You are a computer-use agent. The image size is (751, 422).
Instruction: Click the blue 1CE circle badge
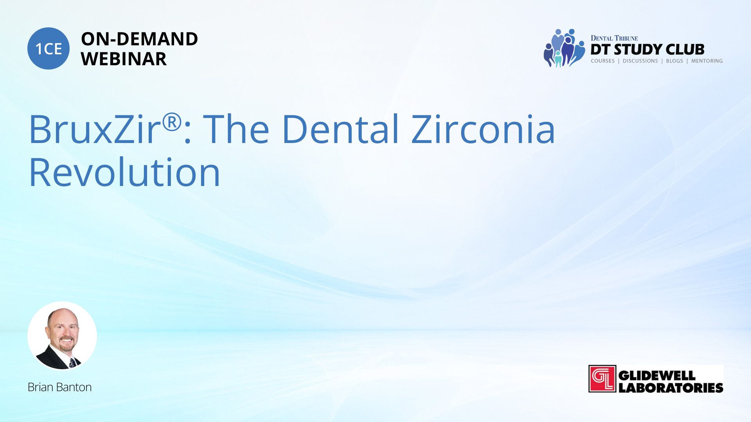[49, 48]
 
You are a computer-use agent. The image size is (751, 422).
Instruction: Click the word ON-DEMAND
[139, 39]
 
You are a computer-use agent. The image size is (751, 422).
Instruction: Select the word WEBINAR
[124, 59]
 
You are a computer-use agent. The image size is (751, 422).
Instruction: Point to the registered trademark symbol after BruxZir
[172, 122]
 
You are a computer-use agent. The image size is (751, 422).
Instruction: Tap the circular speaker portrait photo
[62, 336]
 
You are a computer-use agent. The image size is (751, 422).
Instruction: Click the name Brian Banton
[59, 387]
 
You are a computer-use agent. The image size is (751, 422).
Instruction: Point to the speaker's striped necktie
[72, 363]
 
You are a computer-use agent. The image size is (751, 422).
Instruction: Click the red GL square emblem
[602, 379]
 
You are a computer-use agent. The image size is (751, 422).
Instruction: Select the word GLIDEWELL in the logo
[657, 376]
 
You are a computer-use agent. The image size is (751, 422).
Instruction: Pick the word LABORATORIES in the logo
[671, 388]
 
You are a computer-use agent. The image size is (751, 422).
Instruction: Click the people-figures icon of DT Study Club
[564, 48]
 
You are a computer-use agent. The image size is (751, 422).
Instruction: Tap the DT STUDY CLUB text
[647, 50]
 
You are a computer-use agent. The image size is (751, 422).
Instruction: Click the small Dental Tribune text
[614, 38]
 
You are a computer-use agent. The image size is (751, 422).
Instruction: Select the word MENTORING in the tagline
[707, 61]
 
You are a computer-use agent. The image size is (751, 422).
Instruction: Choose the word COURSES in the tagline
[602, 61]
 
